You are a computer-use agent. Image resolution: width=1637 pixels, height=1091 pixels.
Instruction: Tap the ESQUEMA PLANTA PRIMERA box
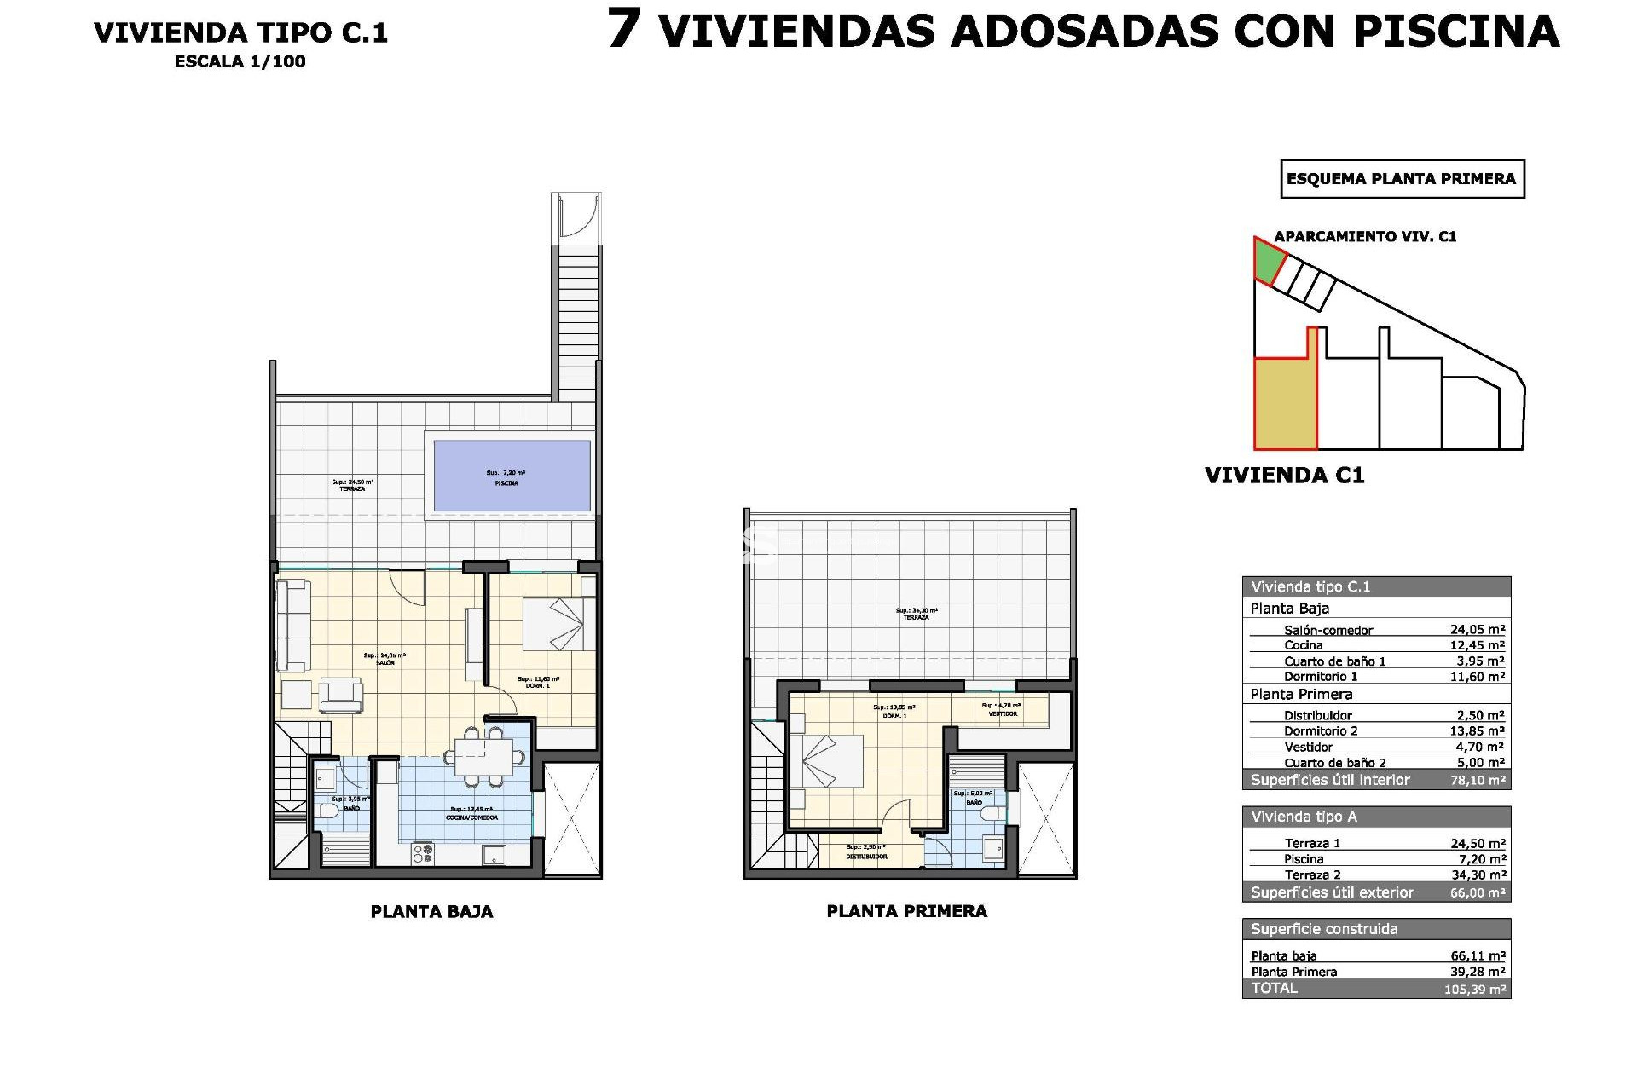(x=1402, y=179)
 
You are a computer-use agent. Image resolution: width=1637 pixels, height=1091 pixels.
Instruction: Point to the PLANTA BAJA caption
(x=431, y=911)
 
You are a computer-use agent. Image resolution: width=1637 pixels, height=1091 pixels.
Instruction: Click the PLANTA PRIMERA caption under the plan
(x=906, y=911)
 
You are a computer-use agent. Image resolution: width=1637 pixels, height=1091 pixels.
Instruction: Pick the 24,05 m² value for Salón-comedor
(x=1478, y=630)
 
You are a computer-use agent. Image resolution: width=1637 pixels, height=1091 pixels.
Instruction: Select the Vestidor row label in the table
(x=1308, y=747)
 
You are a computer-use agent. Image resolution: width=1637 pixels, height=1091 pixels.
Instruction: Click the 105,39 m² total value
(x=1475, y=990)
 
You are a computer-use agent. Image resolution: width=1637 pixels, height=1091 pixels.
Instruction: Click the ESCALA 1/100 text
(x=240, y=61)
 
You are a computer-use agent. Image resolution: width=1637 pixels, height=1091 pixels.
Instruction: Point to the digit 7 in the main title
(x=623, y=31)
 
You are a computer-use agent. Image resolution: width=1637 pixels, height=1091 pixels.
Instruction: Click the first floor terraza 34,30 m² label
(x=916, y=614)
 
